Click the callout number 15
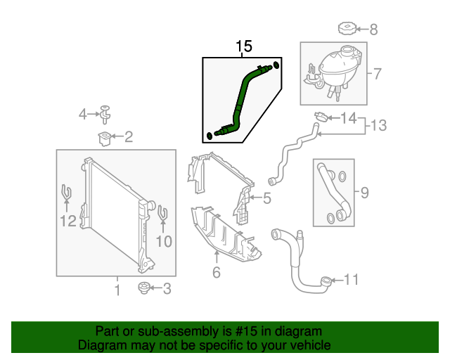coord(243,47)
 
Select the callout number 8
coord(373,30)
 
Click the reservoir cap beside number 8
coord(347,29)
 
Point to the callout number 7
coord(377,73)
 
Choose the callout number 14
coord(349,117)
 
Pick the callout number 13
coord(379,126)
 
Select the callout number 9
coord(364,191)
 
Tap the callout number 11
coord(351,281)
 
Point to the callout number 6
coord(216,272)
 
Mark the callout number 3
coord(167,288)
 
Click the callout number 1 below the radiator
coord(117,289)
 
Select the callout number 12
coord(67,222)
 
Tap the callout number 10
coord(163,242)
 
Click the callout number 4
coord(83,113)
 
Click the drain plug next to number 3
coord(146,287)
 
